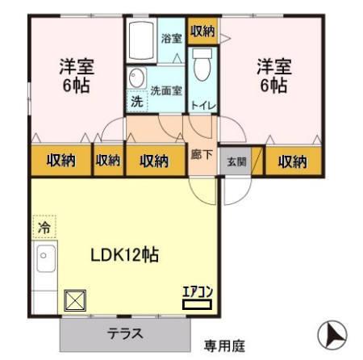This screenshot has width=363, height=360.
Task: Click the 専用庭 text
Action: coord(223,346)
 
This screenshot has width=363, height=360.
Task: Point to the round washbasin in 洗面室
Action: coord(136,78)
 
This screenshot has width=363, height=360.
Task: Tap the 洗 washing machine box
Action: coord(136,103)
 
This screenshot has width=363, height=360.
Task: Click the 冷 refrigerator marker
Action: coord(43,228)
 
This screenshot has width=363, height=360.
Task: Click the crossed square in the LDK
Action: coord(74,300)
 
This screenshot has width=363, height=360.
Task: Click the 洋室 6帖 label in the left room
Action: coord(77,74)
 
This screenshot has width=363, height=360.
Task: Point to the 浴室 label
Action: coord(169,38)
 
